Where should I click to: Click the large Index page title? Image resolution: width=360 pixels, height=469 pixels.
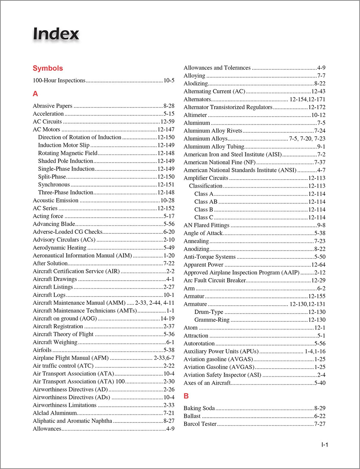56,34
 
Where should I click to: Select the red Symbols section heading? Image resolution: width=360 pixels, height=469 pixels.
48,68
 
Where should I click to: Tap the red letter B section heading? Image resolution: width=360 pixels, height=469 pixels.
186,396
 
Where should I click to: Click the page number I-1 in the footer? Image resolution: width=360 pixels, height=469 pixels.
324,445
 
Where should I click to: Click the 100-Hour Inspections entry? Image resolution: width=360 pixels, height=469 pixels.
59,81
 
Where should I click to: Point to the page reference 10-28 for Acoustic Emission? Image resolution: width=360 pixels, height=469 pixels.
167,200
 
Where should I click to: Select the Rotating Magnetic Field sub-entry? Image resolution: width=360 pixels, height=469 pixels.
68,153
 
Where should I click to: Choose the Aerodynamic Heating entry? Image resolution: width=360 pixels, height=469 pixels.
59,248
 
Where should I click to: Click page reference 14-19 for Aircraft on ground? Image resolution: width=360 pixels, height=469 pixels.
167,318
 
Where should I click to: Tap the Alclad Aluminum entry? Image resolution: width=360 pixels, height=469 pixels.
55,413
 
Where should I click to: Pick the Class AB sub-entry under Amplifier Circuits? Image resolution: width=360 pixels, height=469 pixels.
206,202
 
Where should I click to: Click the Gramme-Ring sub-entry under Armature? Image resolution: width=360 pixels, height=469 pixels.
212,320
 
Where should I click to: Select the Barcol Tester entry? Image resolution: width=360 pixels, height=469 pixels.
200,424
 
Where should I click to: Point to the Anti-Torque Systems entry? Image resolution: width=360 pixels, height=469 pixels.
209,257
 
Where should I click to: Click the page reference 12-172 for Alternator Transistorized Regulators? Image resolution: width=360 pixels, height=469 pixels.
316,107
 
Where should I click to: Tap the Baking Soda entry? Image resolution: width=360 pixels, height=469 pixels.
199,408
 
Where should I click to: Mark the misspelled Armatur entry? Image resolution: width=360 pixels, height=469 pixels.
194,296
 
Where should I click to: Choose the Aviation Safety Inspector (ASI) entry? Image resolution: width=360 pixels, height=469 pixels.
222,375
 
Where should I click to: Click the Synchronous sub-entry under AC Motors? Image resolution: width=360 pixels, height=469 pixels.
54,185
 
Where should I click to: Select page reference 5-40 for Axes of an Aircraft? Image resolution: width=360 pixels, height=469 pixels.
320,383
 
